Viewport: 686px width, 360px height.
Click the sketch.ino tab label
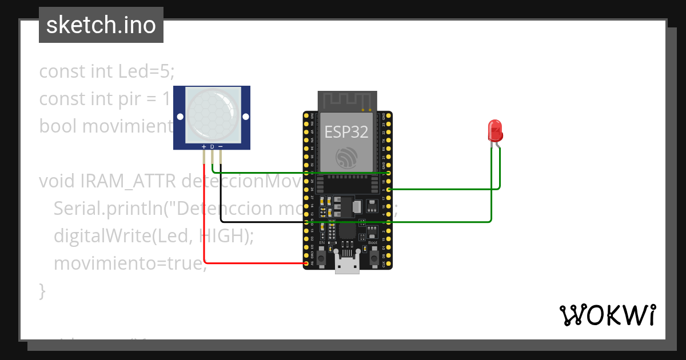point(101,25)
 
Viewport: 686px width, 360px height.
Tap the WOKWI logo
point(607,315)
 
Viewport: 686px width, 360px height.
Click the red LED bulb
point(494,131)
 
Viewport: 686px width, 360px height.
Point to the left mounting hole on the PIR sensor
point(180,117)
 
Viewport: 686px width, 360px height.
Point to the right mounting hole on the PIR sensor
point(246,117)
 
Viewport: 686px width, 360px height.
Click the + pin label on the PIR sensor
point(204,147)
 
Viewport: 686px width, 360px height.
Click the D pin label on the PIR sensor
point(212,147)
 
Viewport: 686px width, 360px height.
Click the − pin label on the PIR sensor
point(221,147)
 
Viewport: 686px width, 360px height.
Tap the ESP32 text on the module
point(347,132)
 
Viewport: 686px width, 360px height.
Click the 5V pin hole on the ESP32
point(307,263)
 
